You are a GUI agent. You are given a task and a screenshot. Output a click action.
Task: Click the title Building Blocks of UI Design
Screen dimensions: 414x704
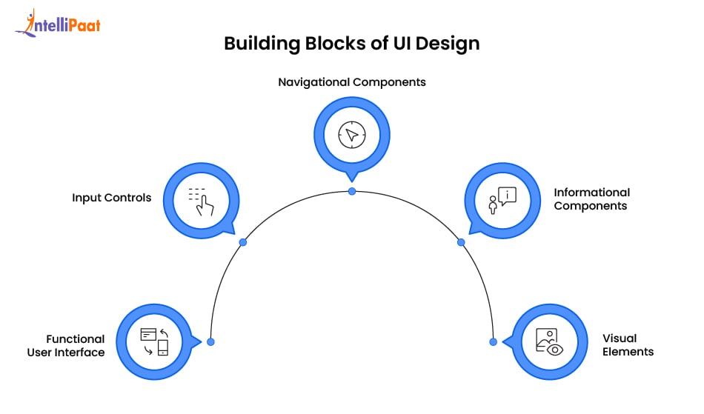pyautogui.click(x=352, y=44)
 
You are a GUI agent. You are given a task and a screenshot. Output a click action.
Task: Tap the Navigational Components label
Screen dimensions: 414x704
pyautogui.click(x=352, y=82)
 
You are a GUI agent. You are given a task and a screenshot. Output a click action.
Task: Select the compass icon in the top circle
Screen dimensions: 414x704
pyautogui.click(x=352, y=135)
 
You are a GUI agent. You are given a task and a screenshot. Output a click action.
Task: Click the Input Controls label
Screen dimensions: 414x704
pyautogui.click(x=112, y=198)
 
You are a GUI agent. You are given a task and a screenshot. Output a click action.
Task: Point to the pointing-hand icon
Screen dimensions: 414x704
pyautogui.click(x=200, y=201)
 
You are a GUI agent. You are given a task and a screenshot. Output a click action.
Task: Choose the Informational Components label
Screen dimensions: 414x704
pyautogui.click(x=591, y=199)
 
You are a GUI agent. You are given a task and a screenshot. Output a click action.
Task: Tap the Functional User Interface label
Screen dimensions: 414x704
pyautogui.click(x=66, y=346)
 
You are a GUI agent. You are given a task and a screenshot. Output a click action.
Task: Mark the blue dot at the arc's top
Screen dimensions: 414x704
pyautogui.click(x=352, y=191)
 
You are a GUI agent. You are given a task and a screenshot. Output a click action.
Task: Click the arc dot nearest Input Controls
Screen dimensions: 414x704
pyautogui.click(x=242, y=242)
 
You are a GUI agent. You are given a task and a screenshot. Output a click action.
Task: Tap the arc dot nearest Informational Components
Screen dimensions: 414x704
pyautogui.click(x=461, y=242)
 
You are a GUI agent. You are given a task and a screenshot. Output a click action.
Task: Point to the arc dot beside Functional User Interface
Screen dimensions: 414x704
pyautogui.click(x=210, y=341)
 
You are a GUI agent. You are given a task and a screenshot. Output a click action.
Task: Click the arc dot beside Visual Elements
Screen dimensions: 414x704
pyautogui.click(x=493, y=341)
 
